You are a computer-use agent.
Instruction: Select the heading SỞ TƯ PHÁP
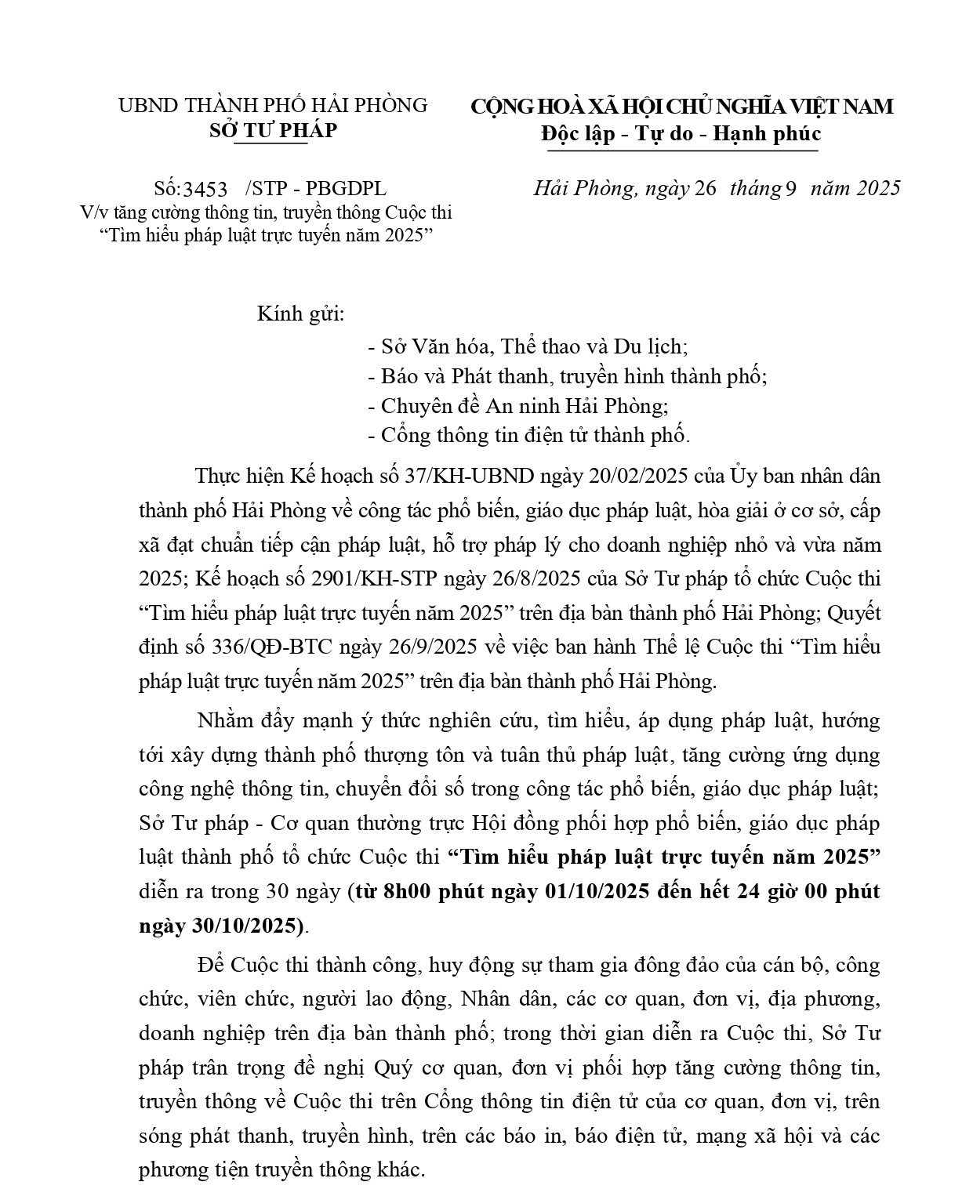[x=273, y=130]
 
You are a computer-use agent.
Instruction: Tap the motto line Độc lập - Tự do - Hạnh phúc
[x=681, y=133]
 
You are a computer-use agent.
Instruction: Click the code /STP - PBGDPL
[x=315, y=189]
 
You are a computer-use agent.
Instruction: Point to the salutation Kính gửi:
[x=301, y=315]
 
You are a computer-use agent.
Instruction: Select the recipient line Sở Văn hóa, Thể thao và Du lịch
[x=527, y=346]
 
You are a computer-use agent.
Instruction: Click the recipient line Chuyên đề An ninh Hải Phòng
[x=517, y=406]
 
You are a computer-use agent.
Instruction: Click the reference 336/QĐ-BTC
[x=270, y=647]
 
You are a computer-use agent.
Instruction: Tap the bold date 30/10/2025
[x=247, y=926]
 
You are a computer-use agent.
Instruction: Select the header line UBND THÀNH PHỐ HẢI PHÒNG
[x=273, y=105]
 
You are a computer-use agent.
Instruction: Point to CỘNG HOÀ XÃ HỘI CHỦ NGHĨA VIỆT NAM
[x=681, y=106]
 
